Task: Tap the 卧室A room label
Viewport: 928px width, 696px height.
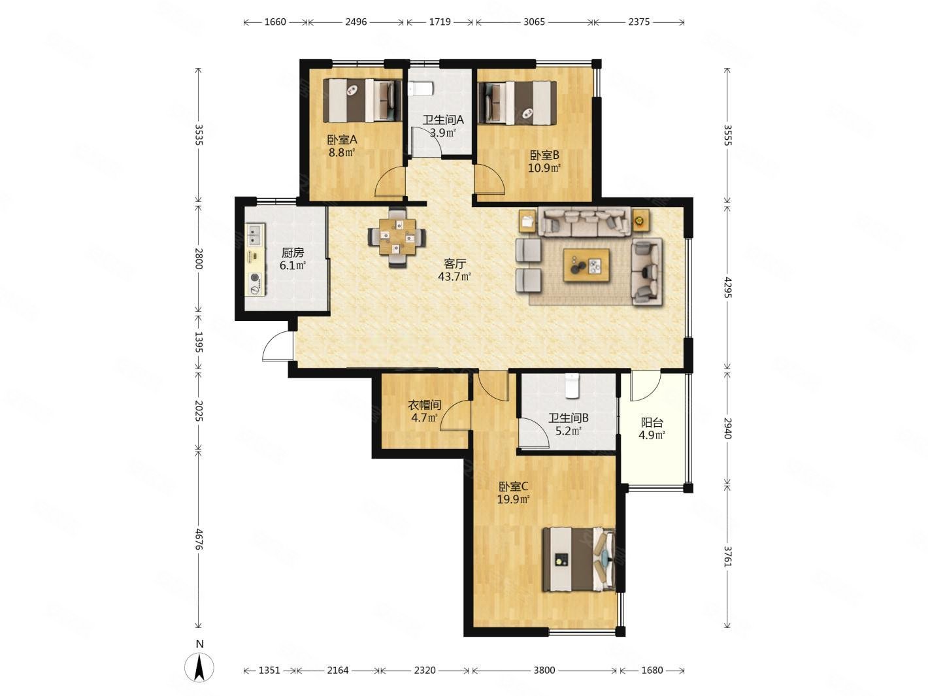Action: (x=342, y=139)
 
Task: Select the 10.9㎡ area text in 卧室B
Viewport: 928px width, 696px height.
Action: (x=544, y=168)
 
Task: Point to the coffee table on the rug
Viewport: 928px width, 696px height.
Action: (x=586, y=265)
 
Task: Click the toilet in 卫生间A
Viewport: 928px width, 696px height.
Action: (x=421, y=89)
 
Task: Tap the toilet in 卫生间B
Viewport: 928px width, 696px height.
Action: (x=572, y=386)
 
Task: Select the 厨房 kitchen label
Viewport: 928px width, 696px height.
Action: (x=292, y=253)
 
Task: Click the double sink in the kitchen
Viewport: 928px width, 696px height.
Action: (x=254, y=235)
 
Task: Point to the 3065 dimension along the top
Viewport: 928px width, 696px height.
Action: (x=534, y=22)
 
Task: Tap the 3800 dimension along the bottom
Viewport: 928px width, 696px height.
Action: (x=544, y=671)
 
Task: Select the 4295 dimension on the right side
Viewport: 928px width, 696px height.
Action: (x=727, y=287)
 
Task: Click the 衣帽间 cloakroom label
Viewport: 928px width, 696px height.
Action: (x=424, y=405)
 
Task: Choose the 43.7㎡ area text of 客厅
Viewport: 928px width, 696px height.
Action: (x=454, y=277)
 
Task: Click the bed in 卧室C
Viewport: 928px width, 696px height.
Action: (x=579, y=559)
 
